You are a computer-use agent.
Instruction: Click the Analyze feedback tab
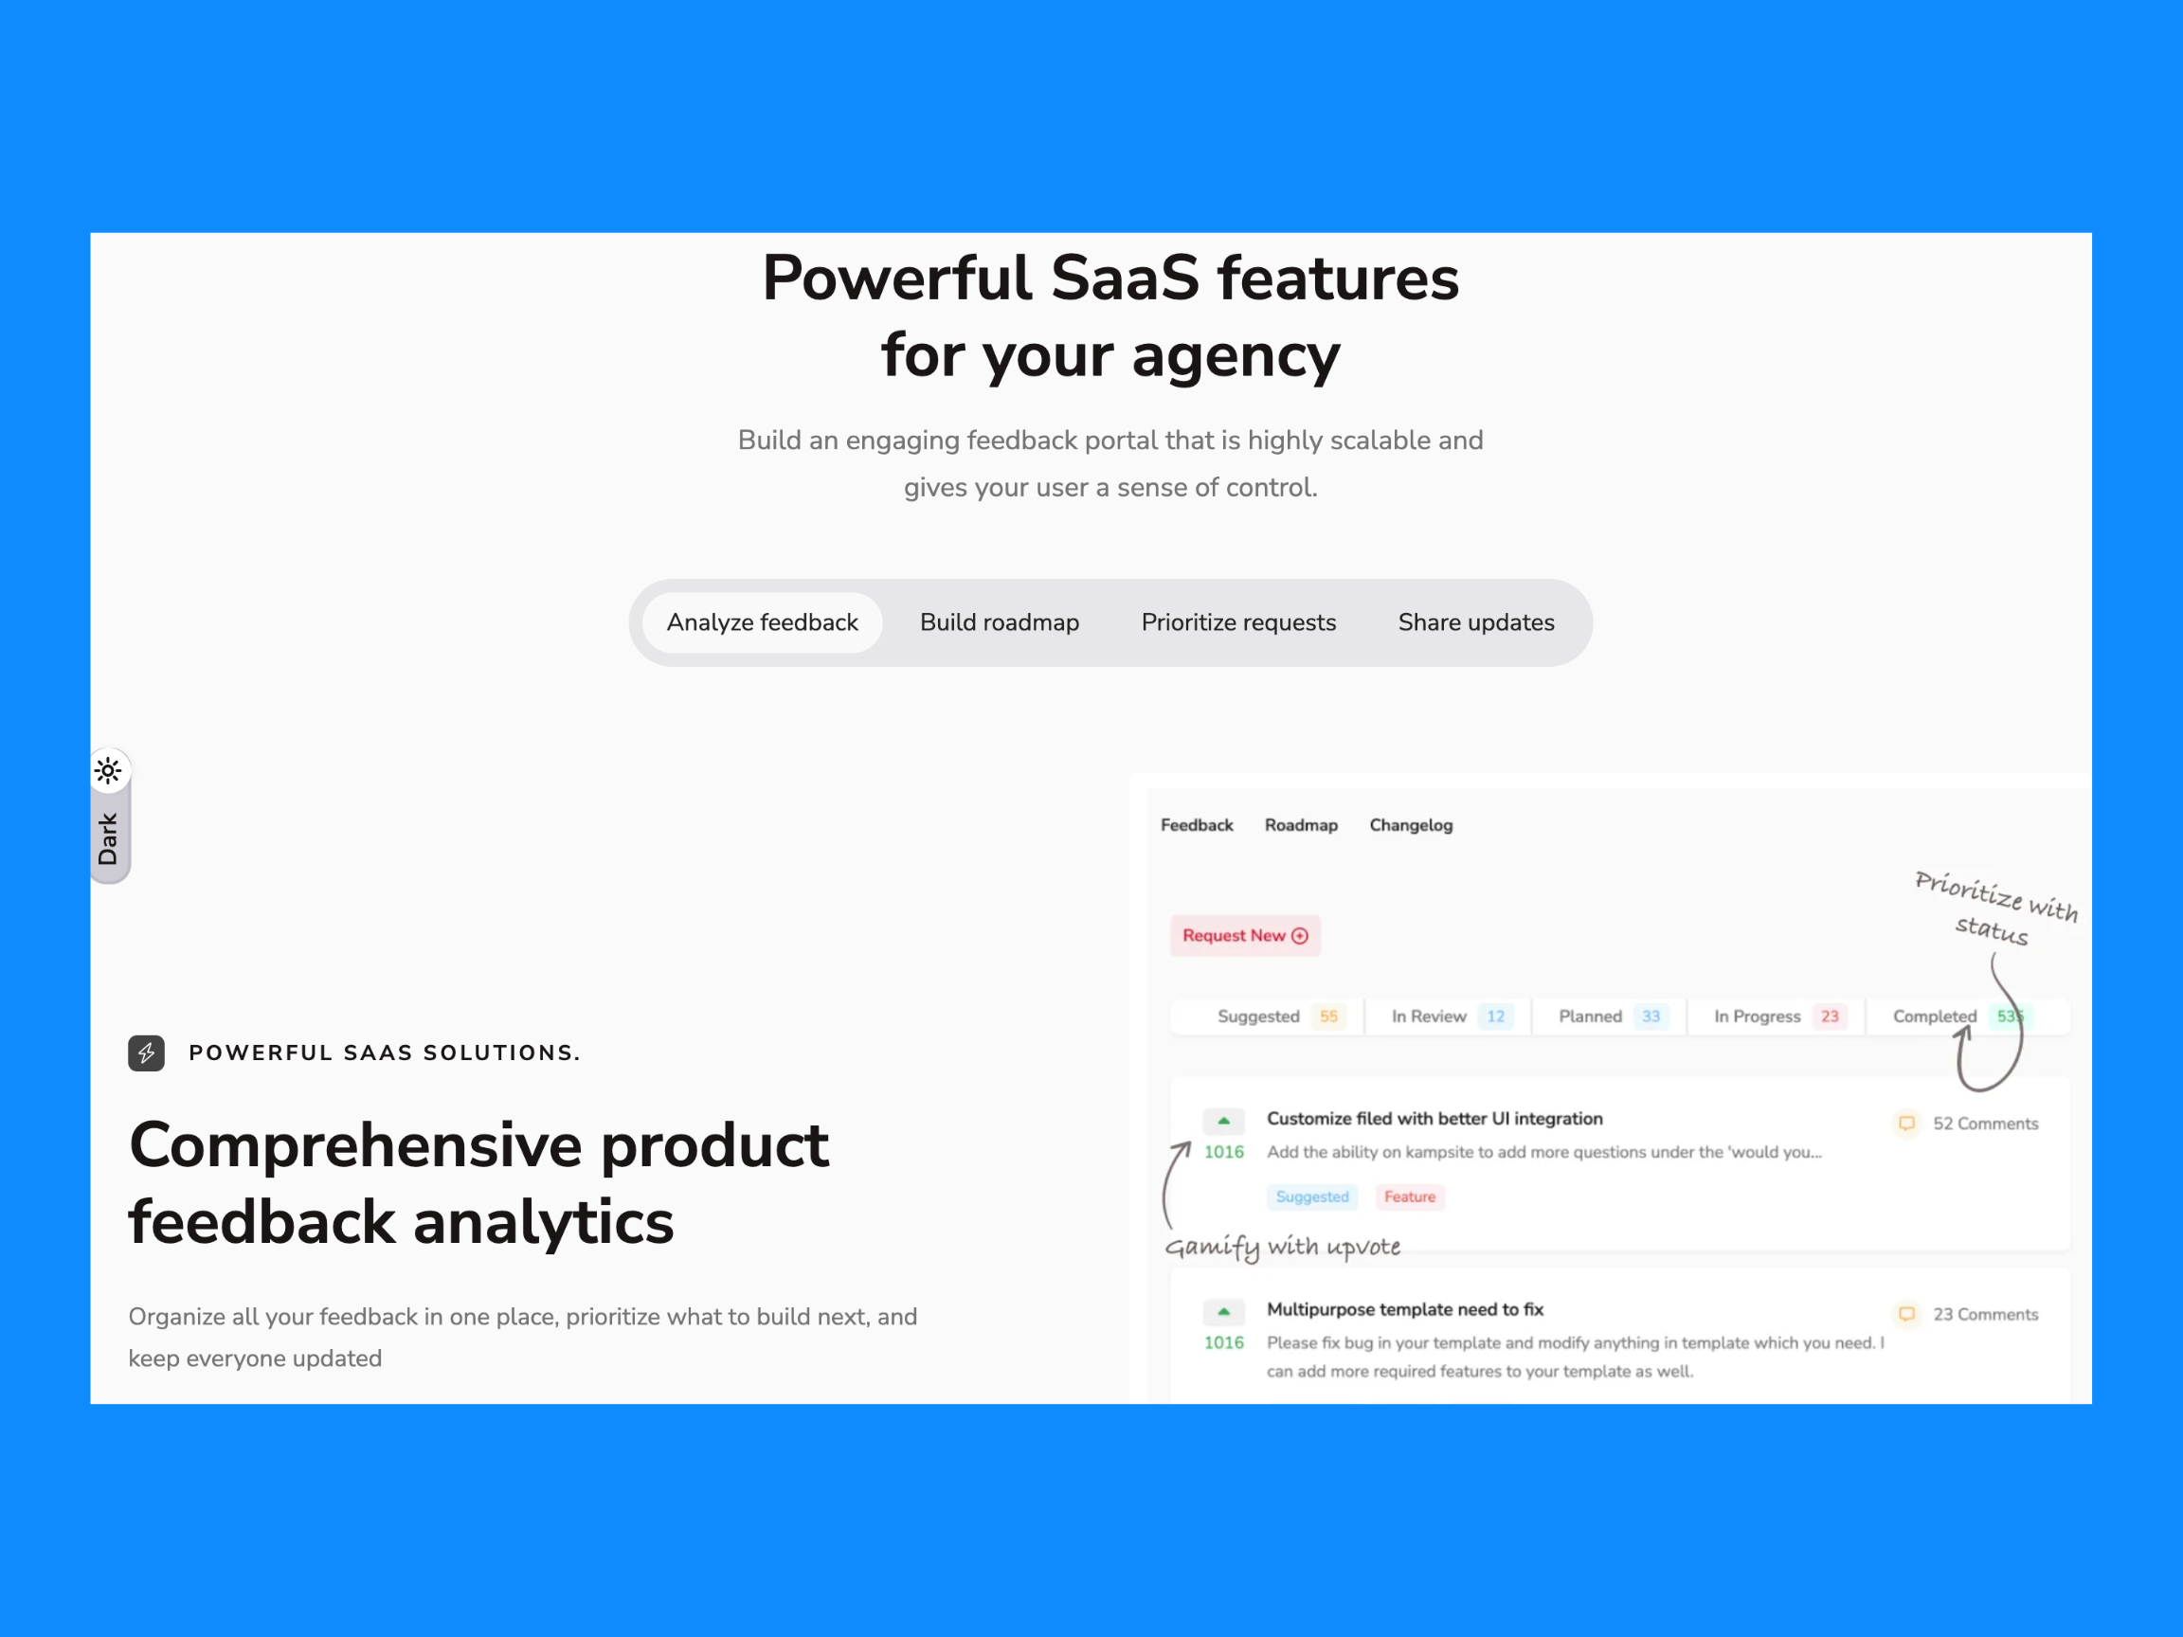pyautogui.click(x=762, y=622)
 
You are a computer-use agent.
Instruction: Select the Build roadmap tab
pyautogui.click(x=999, y=622)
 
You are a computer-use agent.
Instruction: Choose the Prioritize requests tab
pyautogui.click(x=1238, y=622)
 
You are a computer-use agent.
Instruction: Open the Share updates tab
pyautogui.click(x=1475, y=622)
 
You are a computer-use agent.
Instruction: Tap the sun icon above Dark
pyautogui.click(x=109, y=770)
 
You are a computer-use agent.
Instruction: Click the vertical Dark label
pyautogui.click(x=109, y=838)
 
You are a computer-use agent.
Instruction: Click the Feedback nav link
pyautogui.click(x=1196, y=825)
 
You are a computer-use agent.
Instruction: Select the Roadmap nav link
pyautogui.click(x=1301, y=825)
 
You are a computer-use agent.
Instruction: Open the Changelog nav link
pyautogui.click(x=1410, y=825)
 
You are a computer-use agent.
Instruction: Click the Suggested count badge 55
pyautogui.click(x=1329, y=1016)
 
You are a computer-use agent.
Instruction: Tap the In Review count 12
pyautogui.click(x=1495, y=1016)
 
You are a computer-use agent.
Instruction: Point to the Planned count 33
pyautogui.click(x=1651, y=1016)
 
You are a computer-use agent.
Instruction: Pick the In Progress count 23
pyautogui.click(x=1830, y=1016)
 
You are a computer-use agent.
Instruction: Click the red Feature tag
pyautogui.click(x=1409, y=1196)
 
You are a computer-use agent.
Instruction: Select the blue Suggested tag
pyautogui.click(x=1311, y=1196)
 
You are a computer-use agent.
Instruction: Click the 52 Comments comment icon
pyautogui.click(x=1906, y=1123)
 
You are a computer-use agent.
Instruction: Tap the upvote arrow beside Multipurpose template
pyautogui.click(x=1224, y=1311)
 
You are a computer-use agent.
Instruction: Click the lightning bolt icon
pyautogui.click(x=146, y=1052)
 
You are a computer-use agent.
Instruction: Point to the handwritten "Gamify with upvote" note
pyautogui.click(x=1283, y=1248)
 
